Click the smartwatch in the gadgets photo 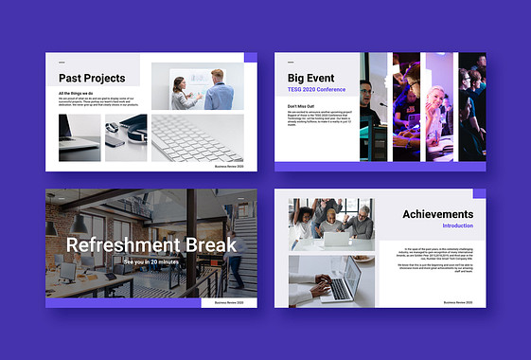point(115,133)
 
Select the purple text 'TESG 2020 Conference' point(317,90)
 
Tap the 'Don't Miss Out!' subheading point(302,105)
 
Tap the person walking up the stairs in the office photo point(234,251)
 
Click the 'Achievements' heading point(437,214)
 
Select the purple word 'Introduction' point(457,226)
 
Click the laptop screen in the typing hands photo point(346,274)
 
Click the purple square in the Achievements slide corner point(479,194)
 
